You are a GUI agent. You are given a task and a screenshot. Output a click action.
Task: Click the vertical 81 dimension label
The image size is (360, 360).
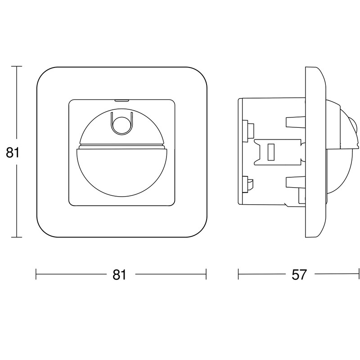[13, 152]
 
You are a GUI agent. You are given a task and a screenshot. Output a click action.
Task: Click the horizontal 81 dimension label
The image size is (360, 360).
[119, 274]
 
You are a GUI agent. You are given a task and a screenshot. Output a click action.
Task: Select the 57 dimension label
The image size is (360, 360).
[299, 274]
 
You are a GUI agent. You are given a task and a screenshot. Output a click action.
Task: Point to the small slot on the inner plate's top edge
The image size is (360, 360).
[121, 100]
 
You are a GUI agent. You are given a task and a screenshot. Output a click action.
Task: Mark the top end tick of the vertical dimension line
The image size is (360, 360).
[17, 66]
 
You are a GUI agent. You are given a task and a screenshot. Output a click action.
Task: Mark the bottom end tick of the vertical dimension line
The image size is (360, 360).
[17, 237]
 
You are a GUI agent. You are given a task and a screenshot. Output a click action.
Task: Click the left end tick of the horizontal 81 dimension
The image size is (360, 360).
[36, 274]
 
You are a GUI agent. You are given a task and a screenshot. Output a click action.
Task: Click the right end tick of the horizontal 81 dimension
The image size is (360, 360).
[206, 274]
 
